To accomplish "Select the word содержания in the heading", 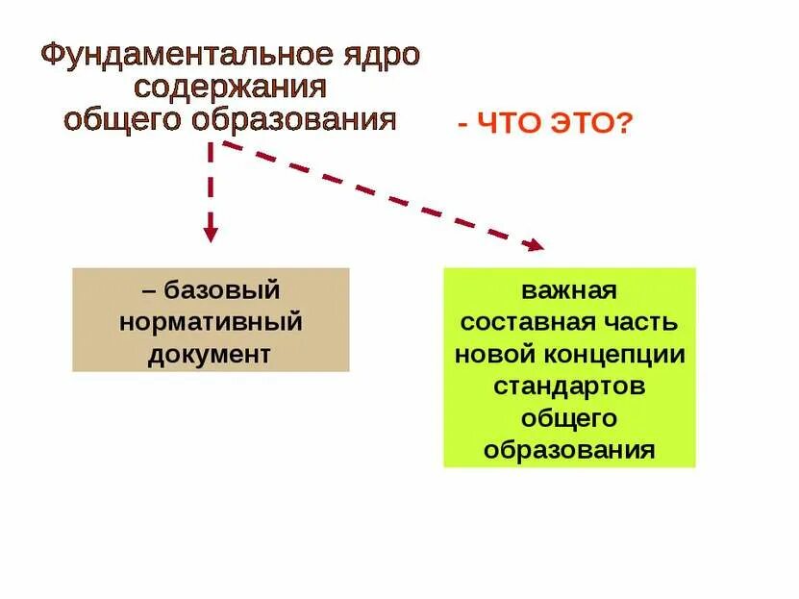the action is coord(231,87).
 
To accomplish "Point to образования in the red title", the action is coord(294,119).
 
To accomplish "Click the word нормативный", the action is coord(211,321).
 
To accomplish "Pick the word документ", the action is coord(210,353).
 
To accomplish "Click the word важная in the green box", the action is coord(569,289).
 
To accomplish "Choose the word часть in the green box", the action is coord(645,321).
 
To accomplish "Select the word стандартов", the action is coord(569,386).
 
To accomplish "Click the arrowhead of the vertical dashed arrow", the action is coord(211,233).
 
